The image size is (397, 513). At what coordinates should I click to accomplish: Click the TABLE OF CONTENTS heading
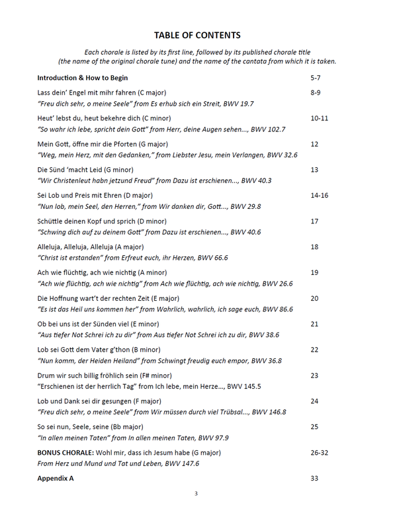click(x=197, y=35)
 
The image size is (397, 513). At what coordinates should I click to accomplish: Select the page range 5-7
click(x=316, y=77)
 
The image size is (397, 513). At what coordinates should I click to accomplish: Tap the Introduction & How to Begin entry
click(x=83, y=77)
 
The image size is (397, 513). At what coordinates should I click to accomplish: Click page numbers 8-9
click(x=316, y=93)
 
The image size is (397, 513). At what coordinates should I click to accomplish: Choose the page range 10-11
click(x=319, y=118)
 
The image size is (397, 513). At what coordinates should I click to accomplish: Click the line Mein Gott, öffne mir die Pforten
click(x=103, y=144)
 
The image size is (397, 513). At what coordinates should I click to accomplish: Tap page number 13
click(x=314, y=170)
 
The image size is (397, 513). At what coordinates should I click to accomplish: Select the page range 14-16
click(x=319, y=196)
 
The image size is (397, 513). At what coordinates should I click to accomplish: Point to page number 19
click(x=314, y=272)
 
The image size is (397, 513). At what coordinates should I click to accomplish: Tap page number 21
click(x=314, y=324)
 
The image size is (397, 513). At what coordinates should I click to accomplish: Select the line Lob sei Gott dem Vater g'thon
click(x=99, y=350)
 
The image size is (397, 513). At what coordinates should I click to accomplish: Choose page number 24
click(x=314, y=401)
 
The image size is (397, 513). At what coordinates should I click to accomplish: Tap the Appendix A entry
click(x=56, y=478)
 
